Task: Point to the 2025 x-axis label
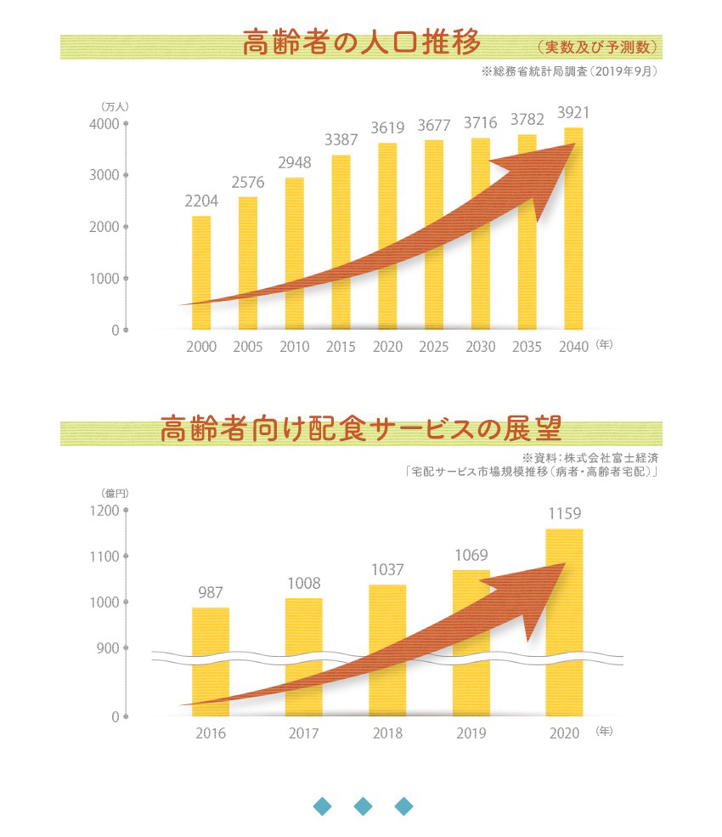pyautogui.click(x=434, y=347)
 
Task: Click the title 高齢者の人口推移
pyautogui.click(x=361, y=42)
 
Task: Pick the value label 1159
pyautogui.click(x=564, y=513)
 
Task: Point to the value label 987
pyautogui.click(x=211, y=592)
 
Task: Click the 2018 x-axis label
pyautogui.click(x=387, y=733)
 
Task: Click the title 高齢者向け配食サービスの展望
pyautogui.click(x=361, y=429)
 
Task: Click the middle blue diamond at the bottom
pyautogui.click(x=363, y=806)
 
